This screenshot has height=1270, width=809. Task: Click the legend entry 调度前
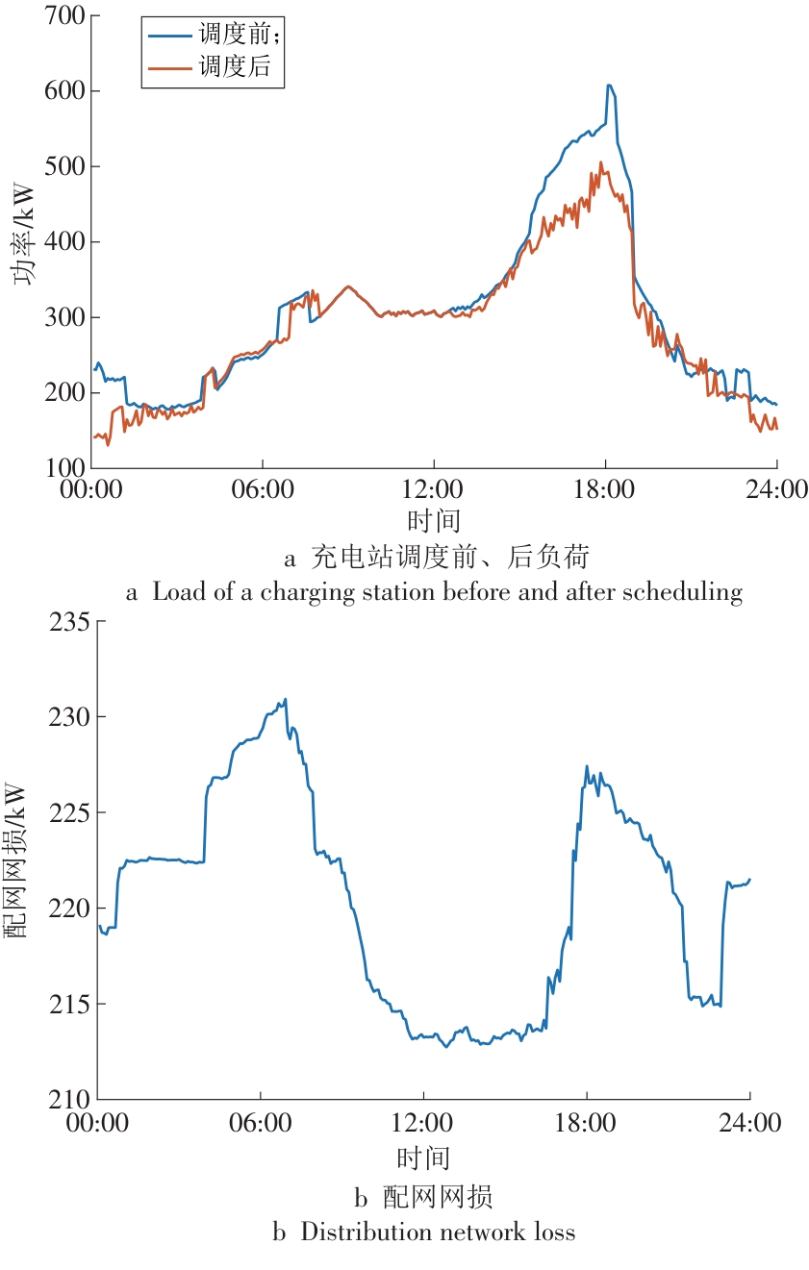click(233, 35)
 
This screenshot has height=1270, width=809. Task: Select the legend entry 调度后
click(235, 67)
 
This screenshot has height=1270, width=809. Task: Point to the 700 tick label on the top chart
click(64, 16)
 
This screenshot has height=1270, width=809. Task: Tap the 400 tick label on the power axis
click(64, 241)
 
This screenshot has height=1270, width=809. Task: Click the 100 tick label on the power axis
click(64, 468)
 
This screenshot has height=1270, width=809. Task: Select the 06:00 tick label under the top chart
click(262, 488)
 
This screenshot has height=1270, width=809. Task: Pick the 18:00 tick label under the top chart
click(604, 488)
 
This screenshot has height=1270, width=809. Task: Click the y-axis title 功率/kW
click(23, 235)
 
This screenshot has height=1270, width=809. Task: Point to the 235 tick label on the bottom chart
click(69, 622)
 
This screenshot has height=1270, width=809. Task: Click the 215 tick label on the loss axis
click(69, 1004)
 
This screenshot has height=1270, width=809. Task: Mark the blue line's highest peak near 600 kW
click(609, 85)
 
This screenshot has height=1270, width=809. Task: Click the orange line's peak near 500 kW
click(601, 162)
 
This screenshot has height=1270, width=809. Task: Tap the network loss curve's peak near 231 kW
click(286, 699)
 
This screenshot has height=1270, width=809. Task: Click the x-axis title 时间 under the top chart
click(434, 520)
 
